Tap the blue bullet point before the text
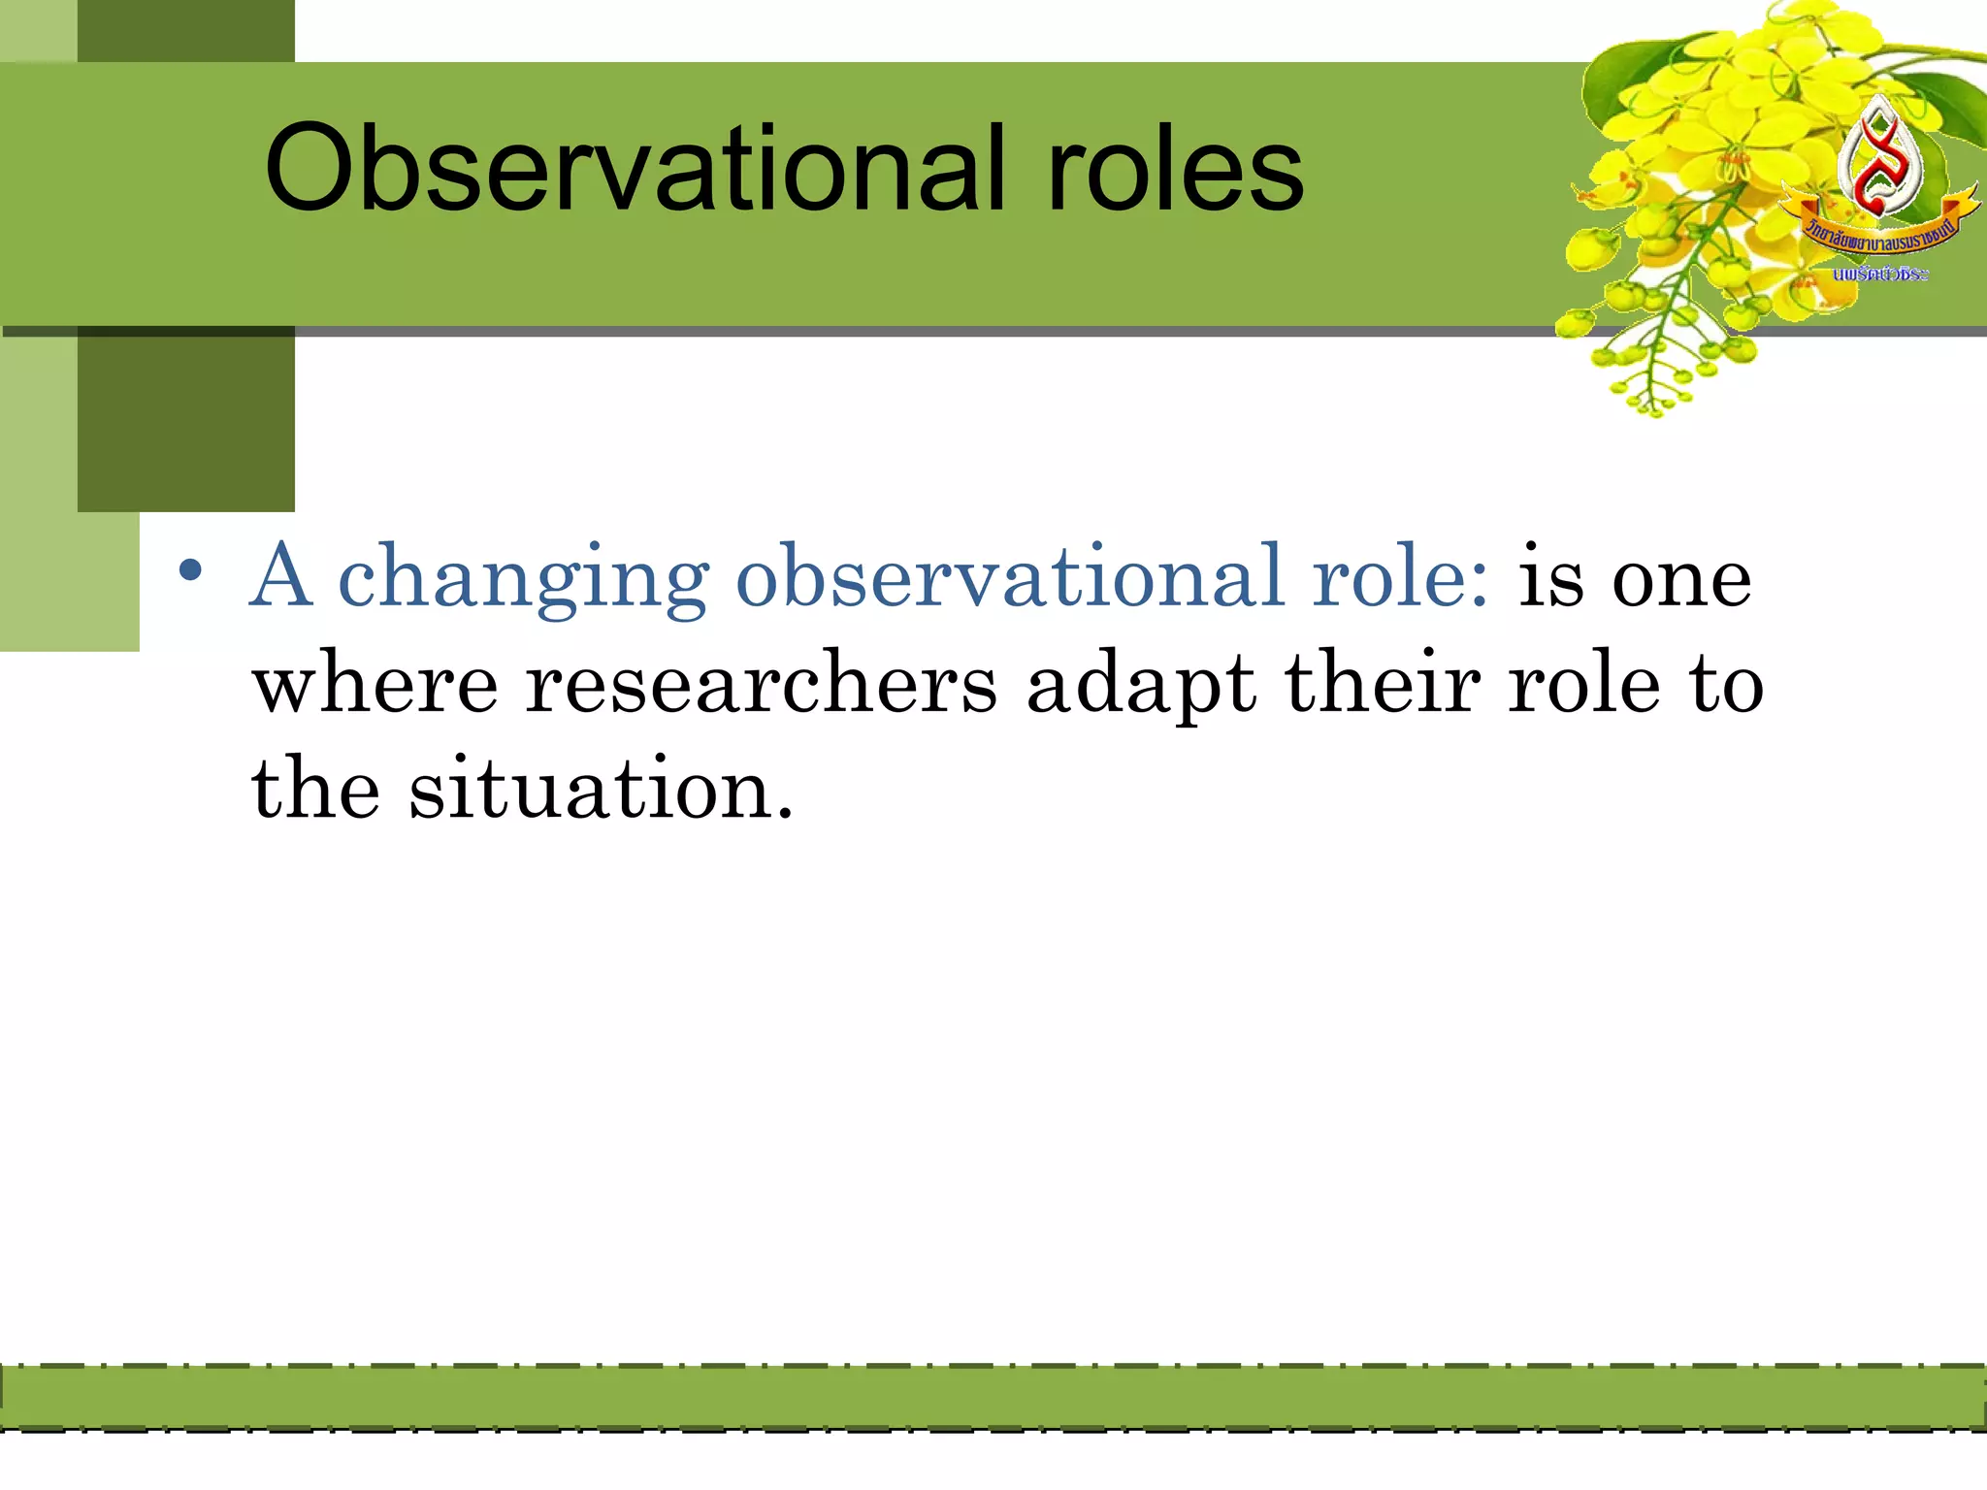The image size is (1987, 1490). [191, 570]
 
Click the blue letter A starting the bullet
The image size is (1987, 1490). [281, 576]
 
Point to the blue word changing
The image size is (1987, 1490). [524, 580]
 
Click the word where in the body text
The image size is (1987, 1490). [375, 683]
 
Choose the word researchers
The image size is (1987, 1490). [762, 683]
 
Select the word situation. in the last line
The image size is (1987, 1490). [602, 788]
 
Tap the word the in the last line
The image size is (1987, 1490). [315, 788]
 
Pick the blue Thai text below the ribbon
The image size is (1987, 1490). [1879, 275]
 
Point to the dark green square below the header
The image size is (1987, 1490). [186, 422]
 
